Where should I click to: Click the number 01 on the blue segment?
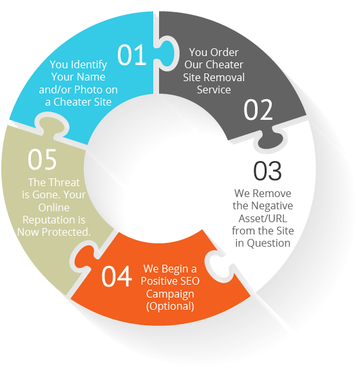point(132,55)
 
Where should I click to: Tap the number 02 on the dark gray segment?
point(258,109)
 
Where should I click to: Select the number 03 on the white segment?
point(267,171)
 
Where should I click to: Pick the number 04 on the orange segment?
point(117,276)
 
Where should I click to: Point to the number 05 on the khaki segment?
point(42,160)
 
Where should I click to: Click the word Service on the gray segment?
point(214,90)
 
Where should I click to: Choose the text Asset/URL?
point(263,218)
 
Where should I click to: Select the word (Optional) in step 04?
point(170,306)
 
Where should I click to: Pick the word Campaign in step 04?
point(170,294)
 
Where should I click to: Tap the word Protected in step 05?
point(66,232)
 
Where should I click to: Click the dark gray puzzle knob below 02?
point(270,140)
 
